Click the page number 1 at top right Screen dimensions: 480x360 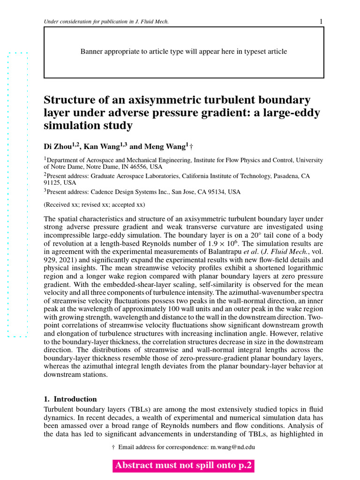321,22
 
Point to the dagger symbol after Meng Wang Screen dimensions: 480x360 191,147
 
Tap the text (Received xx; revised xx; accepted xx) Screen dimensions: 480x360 94,205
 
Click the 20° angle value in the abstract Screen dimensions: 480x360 255,235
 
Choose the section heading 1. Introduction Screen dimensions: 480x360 70,399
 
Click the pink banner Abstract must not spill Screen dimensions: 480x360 183,465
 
